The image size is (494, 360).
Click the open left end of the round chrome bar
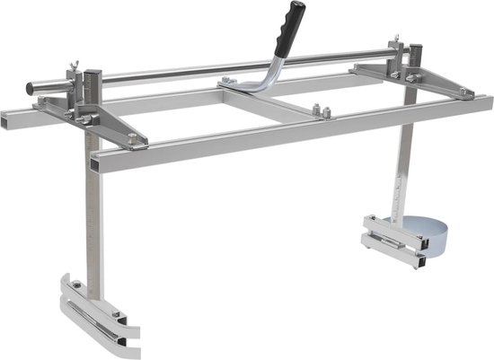tap(31, 88)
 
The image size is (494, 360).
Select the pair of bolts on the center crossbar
tap(322, 112)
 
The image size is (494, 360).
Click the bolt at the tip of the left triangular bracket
tap(133, 138)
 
